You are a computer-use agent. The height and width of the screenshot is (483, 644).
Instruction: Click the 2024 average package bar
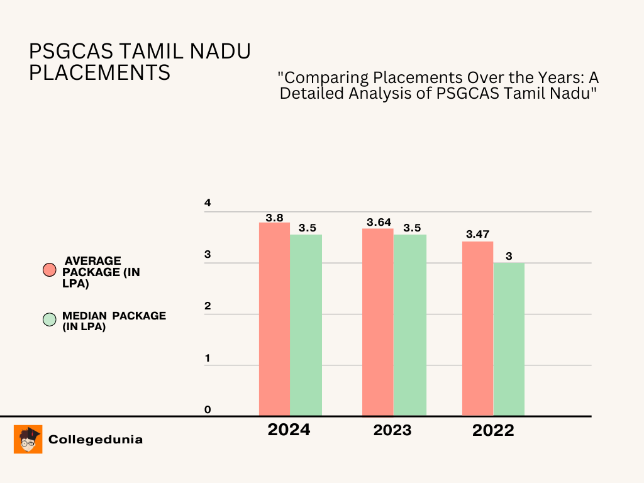274,319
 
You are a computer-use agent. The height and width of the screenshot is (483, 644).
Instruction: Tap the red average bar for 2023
377,322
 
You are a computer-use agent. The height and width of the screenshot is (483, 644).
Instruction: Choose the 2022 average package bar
478,328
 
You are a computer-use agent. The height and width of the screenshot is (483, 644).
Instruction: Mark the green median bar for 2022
509,339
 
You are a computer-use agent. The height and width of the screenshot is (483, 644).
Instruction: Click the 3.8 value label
274,218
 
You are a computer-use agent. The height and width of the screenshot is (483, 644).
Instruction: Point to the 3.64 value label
379,222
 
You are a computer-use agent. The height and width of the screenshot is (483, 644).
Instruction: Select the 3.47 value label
478,234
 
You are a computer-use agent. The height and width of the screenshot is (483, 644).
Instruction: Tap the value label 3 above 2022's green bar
509,255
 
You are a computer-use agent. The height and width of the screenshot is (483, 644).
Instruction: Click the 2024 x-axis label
289,430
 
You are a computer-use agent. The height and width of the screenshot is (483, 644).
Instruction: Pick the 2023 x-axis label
392,430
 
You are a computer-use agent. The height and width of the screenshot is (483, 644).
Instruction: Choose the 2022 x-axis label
493,431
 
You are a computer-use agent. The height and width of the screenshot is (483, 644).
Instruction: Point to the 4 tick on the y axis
208,203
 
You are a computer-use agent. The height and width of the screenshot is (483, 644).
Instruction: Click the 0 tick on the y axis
208,410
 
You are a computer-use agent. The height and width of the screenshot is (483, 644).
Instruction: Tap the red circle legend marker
50,270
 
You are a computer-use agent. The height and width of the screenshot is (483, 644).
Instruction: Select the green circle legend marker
50,320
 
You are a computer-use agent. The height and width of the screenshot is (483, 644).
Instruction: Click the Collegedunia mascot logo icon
28,439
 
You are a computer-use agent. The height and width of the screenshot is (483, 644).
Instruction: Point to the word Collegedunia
96,440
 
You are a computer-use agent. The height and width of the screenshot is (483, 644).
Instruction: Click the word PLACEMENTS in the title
100,73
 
